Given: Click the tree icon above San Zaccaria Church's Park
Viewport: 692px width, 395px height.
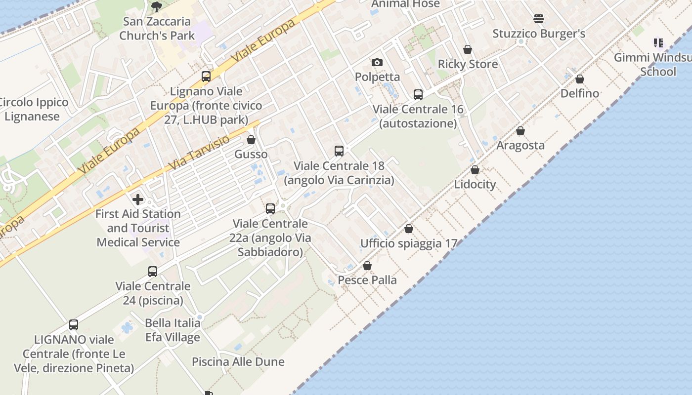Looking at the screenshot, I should click(156, 6).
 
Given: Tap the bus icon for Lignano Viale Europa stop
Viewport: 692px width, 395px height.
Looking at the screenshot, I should click(206, 77).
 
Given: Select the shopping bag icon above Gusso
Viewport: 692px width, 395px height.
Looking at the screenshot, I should click(251, 140).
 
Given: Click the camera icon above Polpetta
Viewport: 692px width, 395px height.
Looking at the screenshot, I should click(377, 62).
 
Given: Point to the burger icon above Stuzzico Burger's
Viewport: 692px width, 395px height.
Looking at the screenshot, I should click(539, 19).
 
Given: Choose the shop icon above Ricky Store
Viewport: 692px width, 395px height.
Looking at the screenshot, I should click(468, 49).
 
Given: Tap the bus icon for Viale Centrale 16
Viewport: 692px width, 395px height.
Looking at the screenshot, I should click(418, 94).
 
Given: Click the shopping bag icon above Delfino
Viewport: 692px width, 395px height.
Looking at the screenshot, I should click(580, 79).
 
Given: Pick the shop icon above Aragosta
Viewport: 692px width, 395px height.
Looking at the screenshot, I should click(520, 131).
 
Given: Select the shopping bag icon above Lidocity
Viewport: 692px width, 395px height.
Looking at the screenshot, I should click(475, 170).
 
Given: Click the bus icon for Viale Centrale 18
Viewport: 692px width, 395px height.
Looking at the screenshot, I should click(339, 151).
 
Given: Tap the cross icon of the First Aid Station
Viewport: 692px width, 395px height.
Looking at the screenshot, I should click(138, 199).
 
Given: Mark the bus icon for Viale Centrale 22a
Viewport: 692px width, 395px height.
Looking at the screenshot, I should click(270, 209).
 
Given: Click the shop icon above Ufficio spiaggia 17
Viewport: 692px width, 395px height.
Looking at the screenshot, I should click(409, 229).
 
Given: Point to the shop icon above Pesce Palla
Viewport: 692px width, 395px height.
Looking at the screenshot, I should click(367, 266).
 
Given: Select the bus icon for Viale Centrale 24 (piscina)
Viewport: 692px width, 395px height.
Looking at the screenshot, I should click(153, 272).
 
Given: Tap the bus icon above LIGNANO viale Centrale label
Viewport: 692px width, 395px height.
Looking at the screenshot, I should click(74, 325).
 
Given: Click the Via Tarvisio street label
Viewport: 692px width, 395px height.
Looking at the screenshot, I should click(199, 153).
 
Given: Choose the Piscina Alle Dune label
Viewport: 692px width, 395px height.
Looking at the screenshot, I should click(238, 362).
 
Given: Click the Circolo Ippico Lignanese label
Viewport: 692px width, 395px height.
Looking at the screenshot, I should click(33, 110).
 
